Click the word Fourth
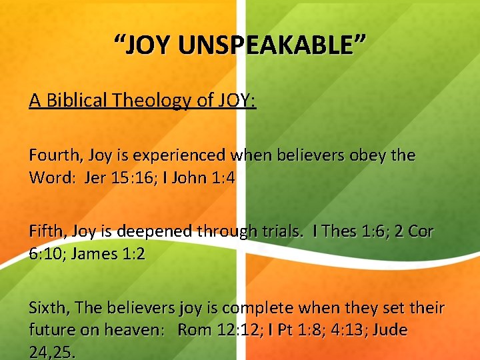click(x=53, y=155)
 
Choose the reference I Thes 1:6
click(x=341, y=231)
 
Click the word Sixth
click(x=48, y=307)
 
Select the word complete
click(x=259, y=307)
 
